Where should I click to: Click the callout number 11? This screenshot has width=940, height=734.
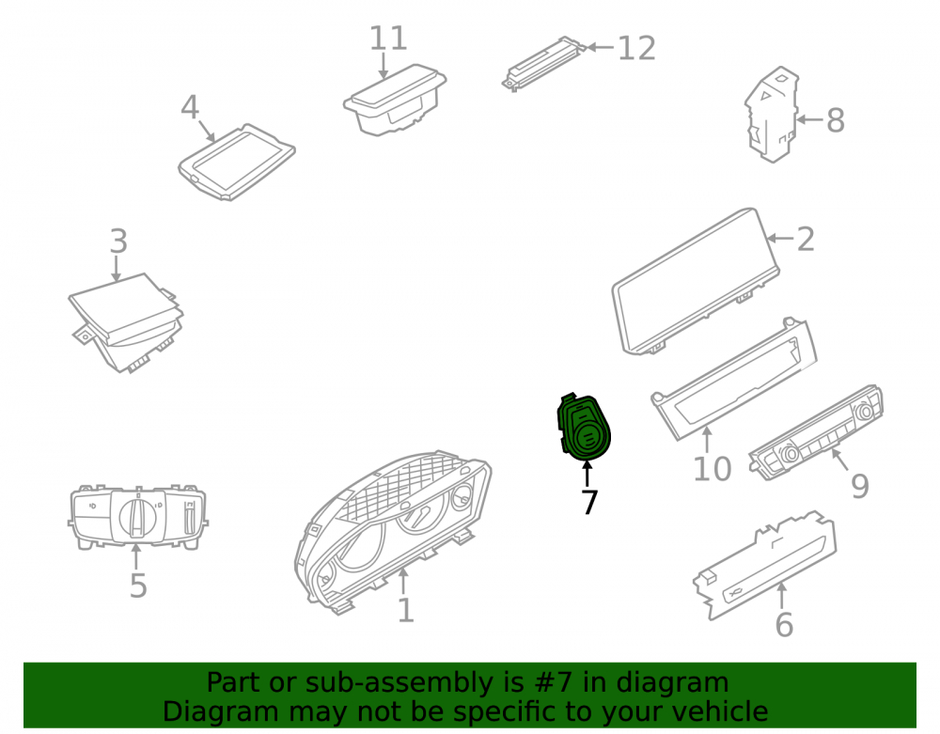click(388, 39)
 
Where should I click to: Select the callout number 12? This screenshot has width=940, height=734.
click(636, 49)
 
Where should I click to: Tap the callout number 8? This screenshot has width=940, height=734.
click(836, 120)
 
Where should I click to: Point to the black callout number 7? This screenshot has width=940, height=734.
click(589, 502)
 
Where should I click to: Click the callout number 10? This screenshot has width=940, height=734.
click(713, 469)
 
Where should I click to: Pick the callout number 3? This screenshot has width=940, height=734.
click(118, 241)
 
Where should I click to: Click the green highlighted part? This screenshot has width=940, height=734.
click(584, 428)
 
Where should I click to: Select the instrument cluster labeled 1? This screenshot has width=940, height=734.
click(393, 532)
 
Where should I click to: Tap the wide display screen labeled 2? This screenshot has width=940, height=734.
click(696, 282)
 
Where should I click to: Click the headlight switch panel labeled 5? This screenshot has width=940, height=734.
click(138, 517)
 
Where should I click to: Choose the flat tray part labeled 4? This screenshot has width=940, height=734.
click(237, 162)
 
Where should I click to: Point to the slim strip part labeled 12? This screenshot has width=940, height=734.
click(543, 64)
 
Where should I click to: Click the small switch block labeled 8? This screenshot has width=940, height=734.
click(773, 114)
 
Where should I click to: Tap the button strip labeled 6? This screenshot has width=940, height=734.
click(765, 565)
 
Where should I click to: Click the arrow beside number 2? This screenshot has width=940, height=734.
click(780, 239)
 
